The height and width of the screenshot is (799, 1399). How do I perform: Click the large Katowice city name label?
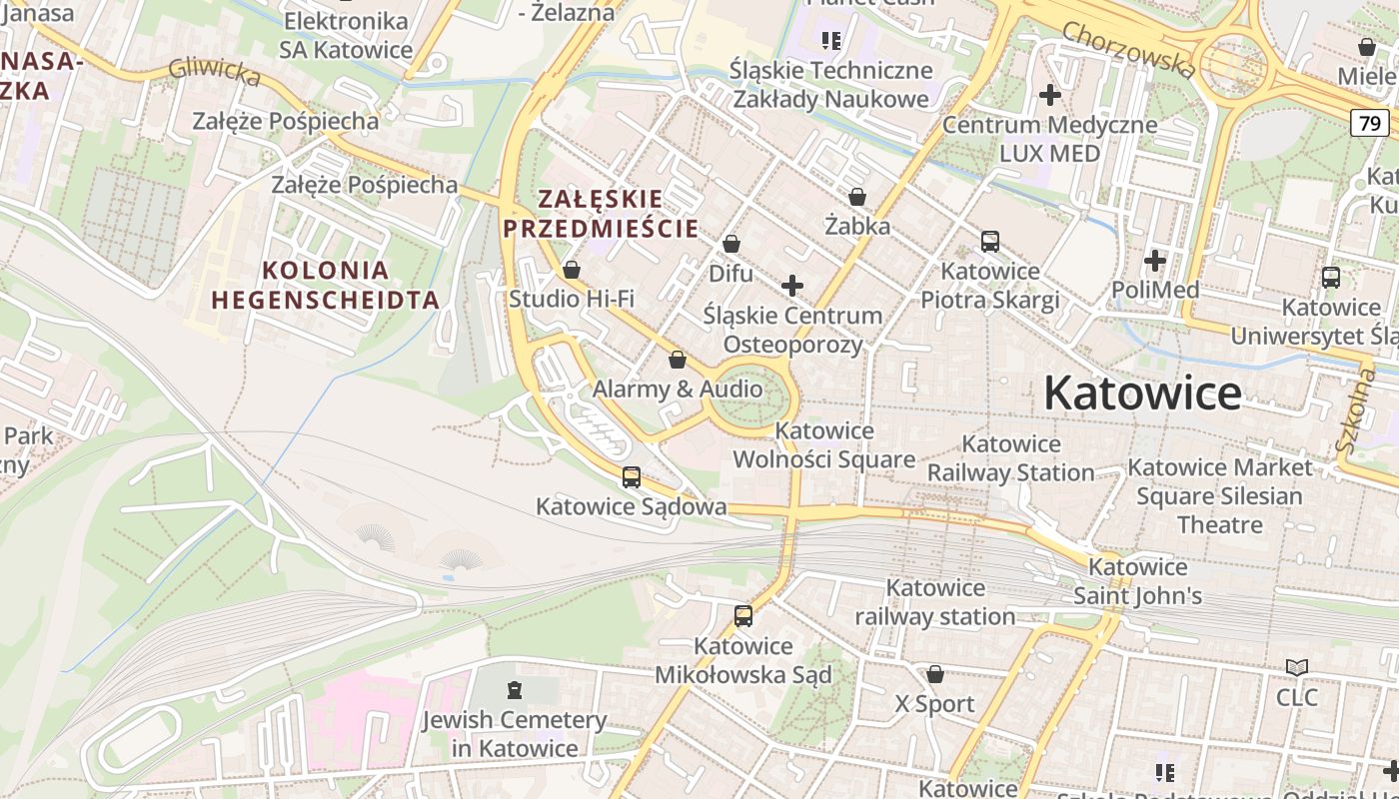point(1142,394)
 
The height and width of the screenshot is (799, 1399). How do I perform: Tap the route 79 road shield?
point(1369,123)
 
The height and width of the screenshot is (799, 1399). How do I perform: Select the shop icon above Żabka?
point(857,198)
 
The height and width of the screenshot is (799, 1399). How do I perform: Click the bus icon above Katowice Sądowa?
point(632,477)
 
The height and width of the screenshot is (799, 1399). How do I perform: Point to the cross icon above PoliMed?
point(1155,261)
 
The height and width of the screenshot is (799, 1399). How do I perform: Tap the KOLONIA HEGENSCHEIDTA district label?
point(325,285)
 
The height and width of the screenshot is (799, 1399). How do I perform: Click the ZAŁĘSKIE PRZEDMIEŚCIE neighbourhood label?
point(601,213)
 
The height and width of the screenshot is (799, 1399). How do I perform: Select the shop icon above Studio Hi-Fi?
point(572,270)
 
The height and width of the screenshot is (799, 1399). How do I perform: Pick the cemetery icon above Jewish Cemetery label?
point(515,690)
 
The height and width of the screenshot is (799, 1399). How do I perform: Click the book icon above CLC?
point(1297,667)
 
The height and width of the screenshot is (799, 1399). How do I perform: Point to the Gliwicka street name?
point(215,70)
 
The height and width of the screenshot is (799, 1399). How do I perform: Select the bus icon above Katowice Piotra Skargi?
point(990,242)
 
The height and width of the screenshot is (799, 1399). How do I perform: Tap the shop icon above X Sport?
point(935,675)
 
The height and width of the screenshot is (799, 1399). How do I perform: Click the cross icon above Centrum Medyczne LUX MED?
point(1050,95)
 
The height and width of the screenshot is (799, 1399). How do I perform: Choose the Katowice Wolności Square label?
point(824,445)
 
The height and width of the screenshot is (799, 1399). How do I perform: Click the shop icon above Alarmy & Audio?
point(678,360)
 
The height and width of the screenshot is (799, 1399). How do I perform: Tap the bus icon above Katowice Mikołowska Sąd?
point(743,616)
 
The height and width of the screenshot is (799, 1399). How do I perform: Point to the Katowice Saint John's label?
point(1137,581)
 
